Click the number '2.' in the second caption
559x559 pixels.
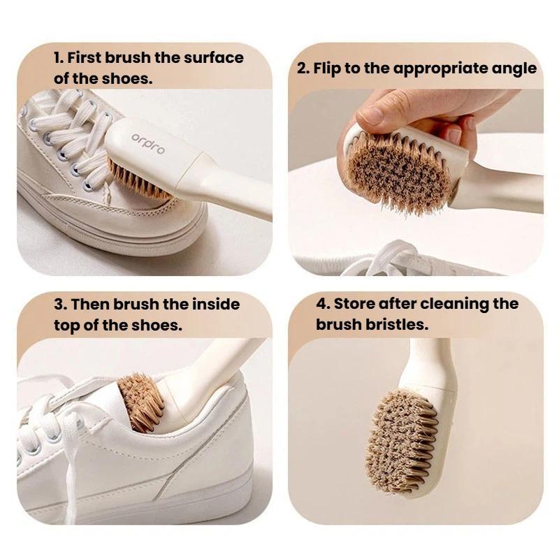tap(303, 68)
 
